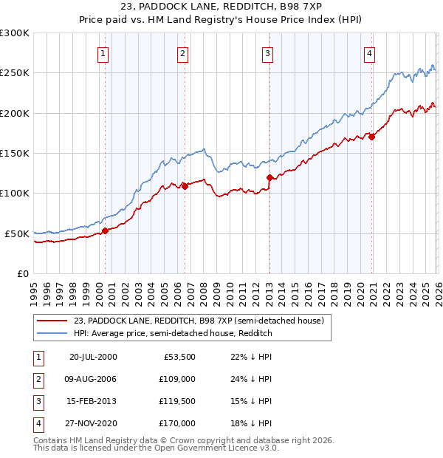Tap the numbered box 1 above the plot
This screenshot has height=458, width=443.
pos(103,52)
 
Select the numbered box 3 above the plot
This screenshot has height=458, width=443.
pos(267,52)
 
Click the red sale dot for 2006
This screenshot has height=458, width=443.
pos(185,186)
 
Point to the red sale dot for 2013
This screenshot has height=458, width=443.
pos(269,177)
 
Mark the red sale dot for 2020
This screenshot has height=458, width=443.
pos(371,137)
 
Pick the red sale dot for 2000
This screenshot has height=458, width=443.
pos(105,230)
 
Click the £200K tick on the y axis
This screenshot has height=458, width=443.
pos(15,113)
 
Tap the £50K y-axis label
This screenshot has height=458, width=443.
pos(17,233)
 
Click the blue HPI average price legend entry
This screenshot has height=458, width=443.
pos(173,334)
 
